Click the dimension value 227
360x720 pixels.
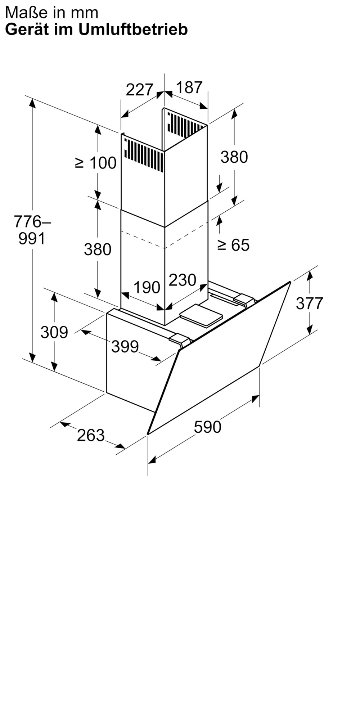point(139,89)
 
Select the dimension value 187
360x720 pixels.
point(189,87)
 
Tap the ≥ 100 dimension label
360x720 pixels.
point(96,163)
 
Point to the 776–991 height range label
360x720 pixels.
point(32,230)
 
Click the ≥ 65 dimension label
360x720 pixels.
point(233,245)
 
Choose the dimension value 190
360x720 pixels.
point(147,287)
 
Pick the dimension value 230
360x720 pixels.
point(183,280)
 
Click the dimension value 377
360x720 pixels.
point(310,303)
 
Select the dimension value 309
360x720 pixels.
point(54,332)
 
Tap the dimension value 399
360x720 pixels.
point(125,347)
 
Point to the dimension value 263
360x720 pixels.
point(91,435)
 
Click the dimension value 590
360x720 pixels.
point(207,427)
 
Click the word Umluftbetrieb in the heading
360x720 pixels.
point(133,30)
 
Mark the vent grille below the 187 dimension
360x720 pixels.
point(185,125)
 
